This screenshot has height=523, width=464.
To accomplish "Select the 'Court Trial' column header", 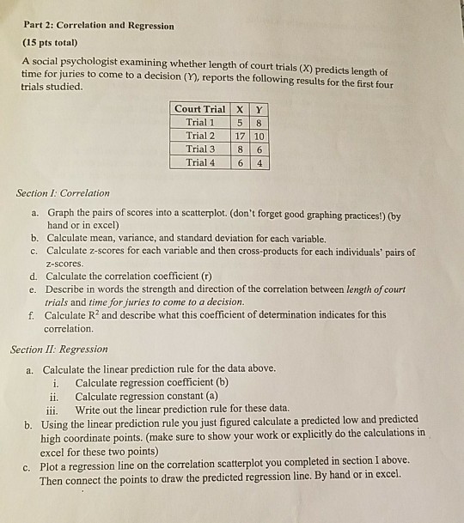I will pos(200,108).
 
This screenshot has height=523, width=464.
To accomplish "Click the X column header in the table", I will pos(241,108).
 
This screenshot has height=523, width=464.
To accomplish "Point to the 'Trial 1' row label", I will pos(201,122).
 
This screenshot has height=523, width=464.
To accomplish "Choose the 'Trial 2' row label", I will pos(201,136).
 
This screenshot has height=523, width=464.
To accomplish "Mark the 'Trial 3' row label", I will pos(201,149).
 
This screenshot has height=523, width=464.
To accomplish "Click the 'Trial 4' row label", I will pos(201,162).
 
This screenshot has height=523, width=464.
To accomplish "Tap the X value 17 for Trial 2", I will pos(241,136).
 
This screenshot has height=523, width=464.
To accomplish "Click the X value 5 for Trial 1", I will pos(241,122).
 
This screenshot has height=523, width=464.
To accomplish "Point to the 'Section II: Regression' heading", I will pos(58,349).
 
